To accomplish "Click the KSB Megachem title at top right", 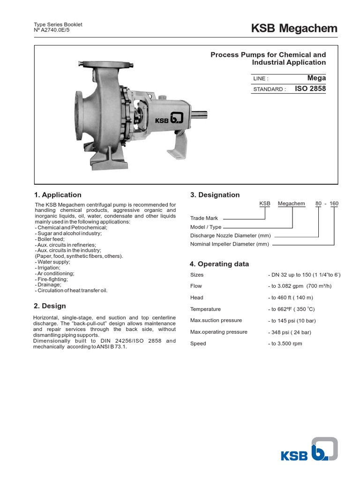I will tap(294, 29).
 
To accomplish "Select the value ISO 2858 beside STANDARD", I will tap(310, 89).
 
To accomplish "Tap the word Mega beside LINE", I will tap(316, 78).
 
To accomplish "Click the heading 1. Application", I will tap(58, 195).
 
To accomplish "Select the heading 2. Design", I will tap(50, 306).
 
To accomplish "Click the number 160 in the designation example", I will tap(334, 203).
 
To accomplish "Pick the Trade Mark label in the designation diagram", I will tap(204, 218).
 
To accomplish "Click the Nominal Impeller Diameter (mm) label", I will tap(230, 244).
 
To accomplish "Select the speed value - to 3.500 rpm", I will tap(285, 344).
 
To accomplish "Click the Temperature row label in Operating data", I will tap(205, 309).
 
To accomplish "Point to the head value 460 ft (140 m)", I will tap(291, 298).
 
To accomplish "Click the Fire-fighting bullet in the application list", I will tap(52, 279).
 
